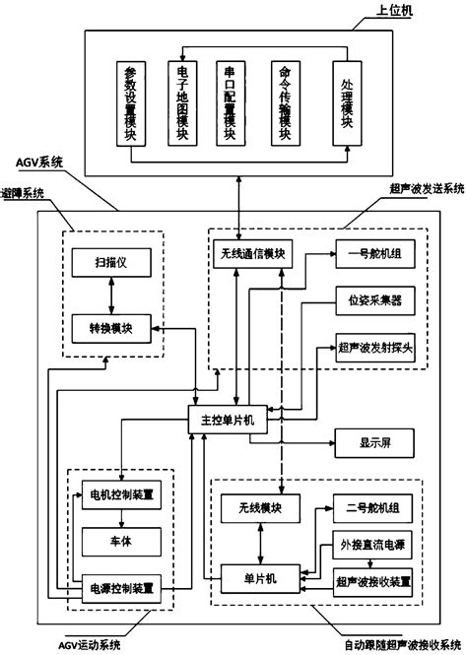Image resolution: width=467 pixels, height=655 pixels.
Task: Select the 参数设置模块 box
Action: [x=130, y=103]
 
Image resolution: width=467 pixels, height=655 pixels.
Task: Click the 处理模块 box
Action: [x=345, y=103]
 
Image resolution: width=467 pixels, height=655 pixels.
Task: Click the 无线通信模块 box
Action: [x=252, y=254]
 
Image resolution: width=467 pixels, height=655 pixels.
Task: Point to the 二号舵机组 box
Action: [x=368, y=508]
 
